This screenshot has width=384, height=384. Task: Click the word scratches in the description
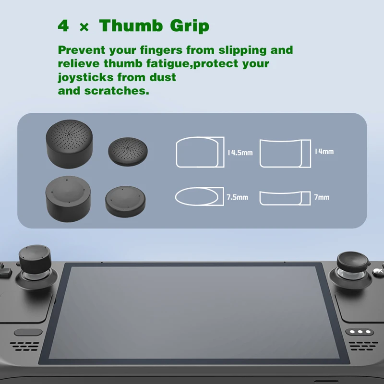click(x=115, y=90)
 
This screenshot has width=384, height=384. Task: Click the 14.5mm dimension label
click(x=240, y=153)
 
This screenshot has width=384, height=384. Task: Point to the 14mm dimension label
click(x=324, y=152)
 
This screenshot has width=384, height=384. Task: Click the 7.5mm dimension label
click(x=237, y=197)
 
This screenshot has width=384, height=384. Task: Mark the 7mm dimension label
click(x=322, y=197)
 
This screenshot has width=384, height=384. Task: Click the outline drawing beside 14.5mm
click(x=200, y=152)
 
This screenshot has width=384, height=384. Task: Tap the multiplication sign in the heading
click(x=84, y=27)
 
